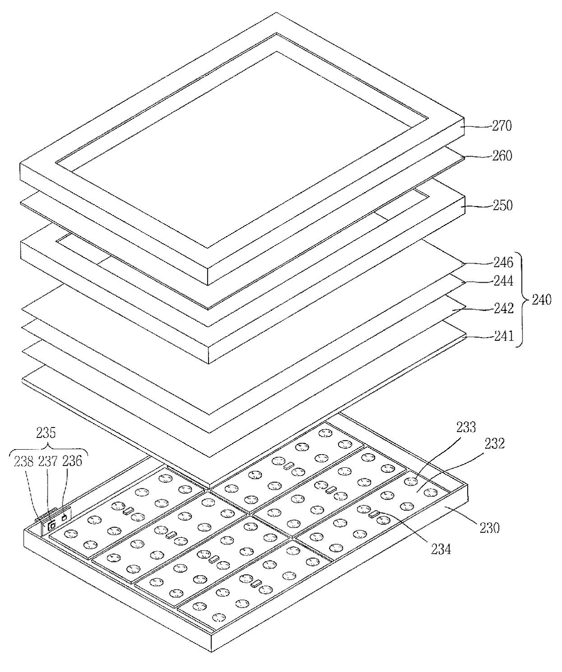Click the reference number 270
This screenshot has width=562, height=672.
click(502, 126)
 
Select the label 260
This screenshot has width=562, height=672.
click(502, 156)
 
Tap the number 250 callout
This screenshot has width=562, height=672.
click(502, 206)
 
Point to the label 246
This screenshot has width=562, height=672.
click(503, 262)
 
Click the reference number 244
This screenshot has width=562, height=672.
click(503, 281)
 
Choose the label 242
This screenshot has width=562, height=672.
click(503, 309)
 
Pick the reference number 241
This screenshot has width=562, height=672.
click(503, 336)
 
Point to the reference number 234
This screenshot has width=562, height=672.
click(441, 549)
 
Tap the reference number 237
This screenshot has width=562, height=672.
click(48, 461)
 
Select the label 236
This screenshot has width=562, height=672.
click(73, 461)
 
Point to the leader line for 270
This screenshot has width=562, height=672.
click(478, 127)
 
